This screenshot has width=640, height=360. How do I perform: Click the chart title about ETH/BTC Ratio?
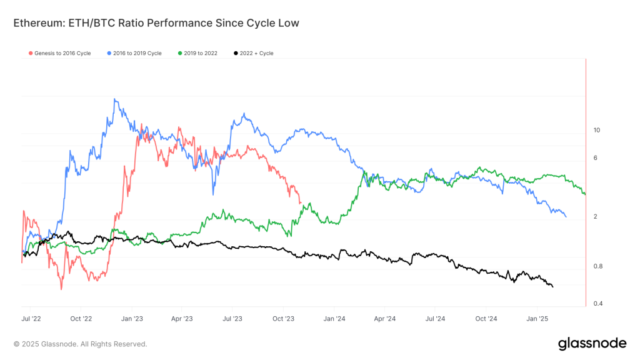click(156, 23)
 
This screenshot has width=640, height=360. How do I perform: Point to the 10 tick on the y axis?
click(596, 130)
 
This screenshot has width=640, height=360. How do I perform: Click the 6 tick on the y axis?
click(595, 157)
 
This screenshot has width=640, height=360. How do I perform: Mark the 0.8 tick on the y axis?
click(597, 266)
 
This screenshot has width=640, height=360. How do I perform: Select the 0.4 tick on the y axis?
click(597, 304)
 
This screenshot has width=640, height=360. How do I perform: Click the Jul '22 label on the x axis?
click(31, 318)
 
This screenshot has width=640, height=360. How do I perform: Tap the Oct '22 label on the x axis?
click(81, 318)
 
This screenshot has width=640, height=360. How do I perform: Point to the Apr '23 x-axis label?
click(181, 318)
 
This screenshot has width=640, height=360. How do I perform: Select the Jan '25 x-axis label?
click(538, 318)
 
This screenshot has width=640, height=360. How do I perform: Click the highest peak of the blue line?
click(114, 99)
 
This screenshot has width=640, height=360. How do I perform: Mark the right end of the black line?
click(552, 286)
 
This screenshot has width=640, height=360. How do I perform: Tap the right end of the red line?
click(301, 202)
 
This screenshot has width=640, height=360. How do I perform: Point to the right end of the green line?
click(585, 194)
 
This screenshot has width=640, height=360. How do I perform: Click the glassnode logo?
click(591, 343)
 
